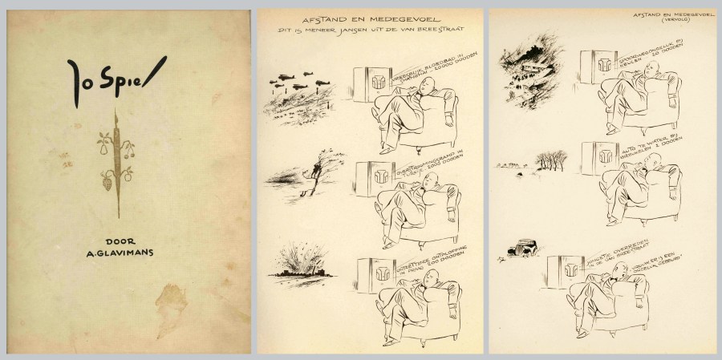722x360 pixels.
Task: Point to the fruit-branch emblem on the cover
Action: click(119, 160)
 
